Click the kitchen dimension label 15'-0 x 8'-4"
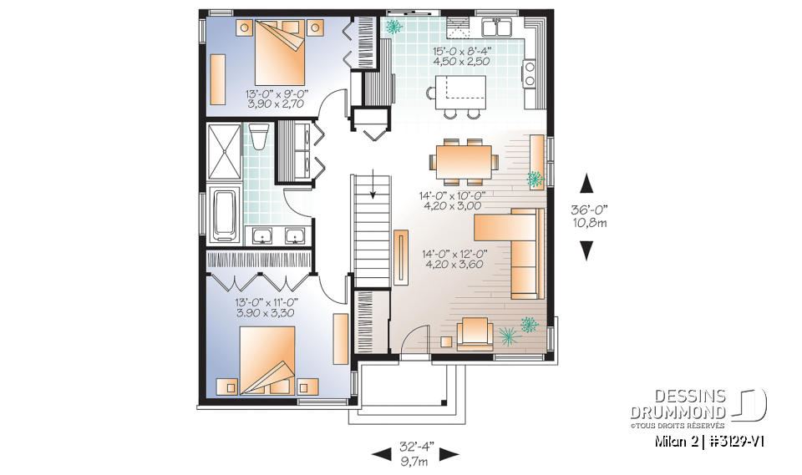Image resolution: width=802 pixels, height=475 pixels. (x=462, y=56)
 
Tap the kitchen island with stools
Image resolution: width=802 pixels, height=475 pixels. (x=459, y=88)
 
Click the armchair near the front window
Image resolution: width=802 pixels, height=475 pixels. (x=474, y=331)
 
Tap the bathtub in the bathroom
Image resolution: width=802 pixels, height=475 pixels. (x=225, y=214)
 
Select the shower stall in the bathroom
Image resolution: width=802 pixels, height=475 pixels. (x=222, y=151)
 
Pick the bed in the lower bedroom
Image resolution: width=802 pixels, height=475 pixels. (x=268, y=359)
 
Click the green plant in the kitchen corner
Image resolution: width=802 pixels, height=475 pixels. (x=393, y=26)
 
